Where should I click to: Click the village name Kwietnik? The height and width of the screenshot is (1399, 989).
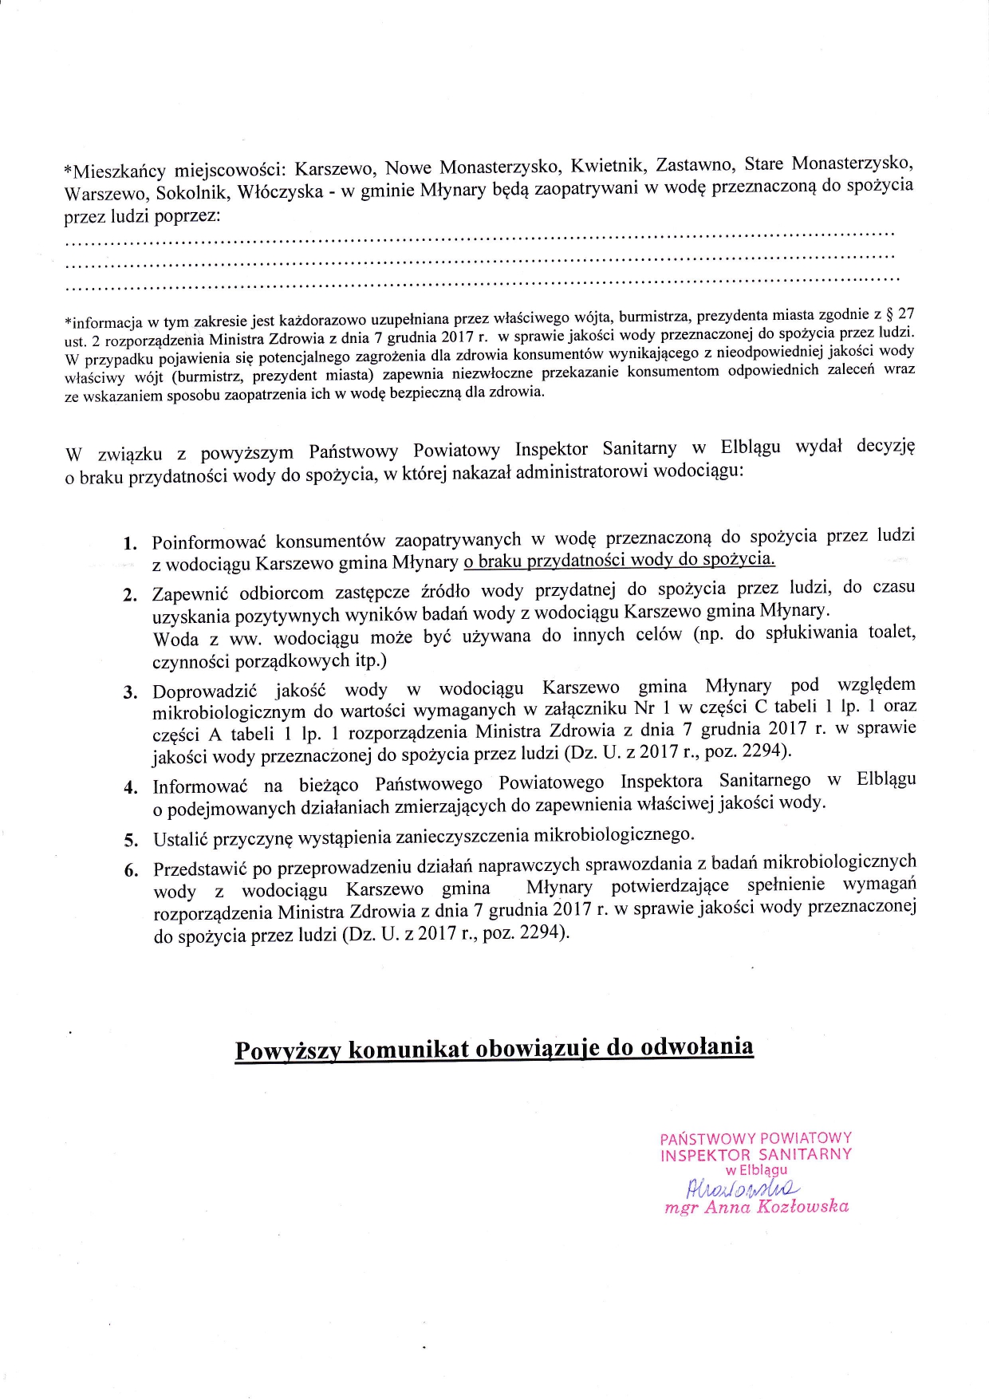(x=607, y=167)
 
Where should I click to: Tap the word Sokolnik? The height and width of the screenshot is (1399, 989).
(x=191, y=193)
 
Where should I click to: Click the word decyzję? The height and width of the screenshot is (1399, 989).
(x=885, y=445)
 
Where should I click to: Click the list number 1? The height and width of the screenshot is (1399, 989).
(x=129, y=544)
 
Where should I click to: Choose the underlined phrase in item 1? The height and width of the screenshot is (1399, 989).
(x=619, y=559)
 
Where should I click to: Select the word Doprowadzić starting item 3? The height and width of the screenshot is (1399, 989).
(x=204, y=691)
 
